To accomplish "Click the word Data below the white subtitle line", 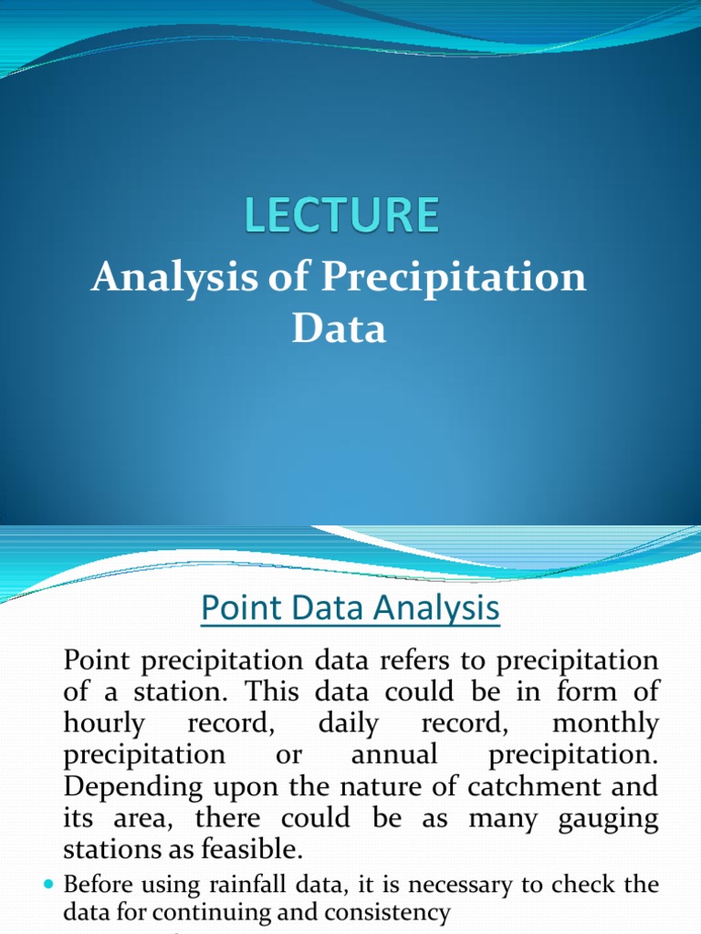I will click(x=339, y=328).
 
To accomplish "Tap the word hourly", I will click(x=104, y=724).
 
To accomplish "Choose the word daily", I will click(x=349, y=724).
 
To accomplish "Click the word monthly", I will click(x=605, y=724).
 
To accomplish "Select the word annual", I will click(x=394, y=756).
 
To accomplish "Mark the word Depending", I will click(x=125, y=788).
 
